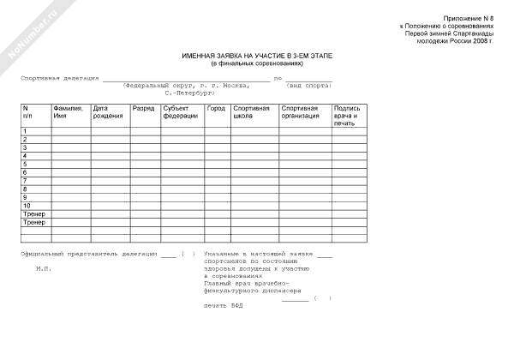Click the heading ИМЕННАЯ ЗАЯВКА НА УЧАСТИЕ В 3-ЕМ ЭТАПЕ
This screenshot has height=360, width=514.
258,56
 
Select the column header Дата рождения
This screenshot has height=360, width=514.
108,111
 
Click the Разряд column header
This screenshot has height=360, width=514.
143,108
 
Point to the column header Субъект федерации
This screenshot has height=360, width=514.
181,111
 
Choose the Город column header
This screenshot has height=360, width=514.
216,108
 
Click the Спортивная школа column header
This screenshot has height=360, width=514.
251,111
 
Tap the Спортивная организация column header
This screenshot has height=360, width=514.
300,111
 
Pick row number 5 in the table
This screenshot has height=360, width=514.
26,164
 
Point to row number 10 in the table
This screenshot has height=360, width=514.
27,206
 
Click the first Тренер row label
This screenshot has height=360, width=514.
33,214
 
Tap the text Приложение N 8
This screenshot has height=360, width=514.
469,18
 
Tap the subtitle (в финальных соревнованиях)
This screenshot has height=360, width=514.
258,63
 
